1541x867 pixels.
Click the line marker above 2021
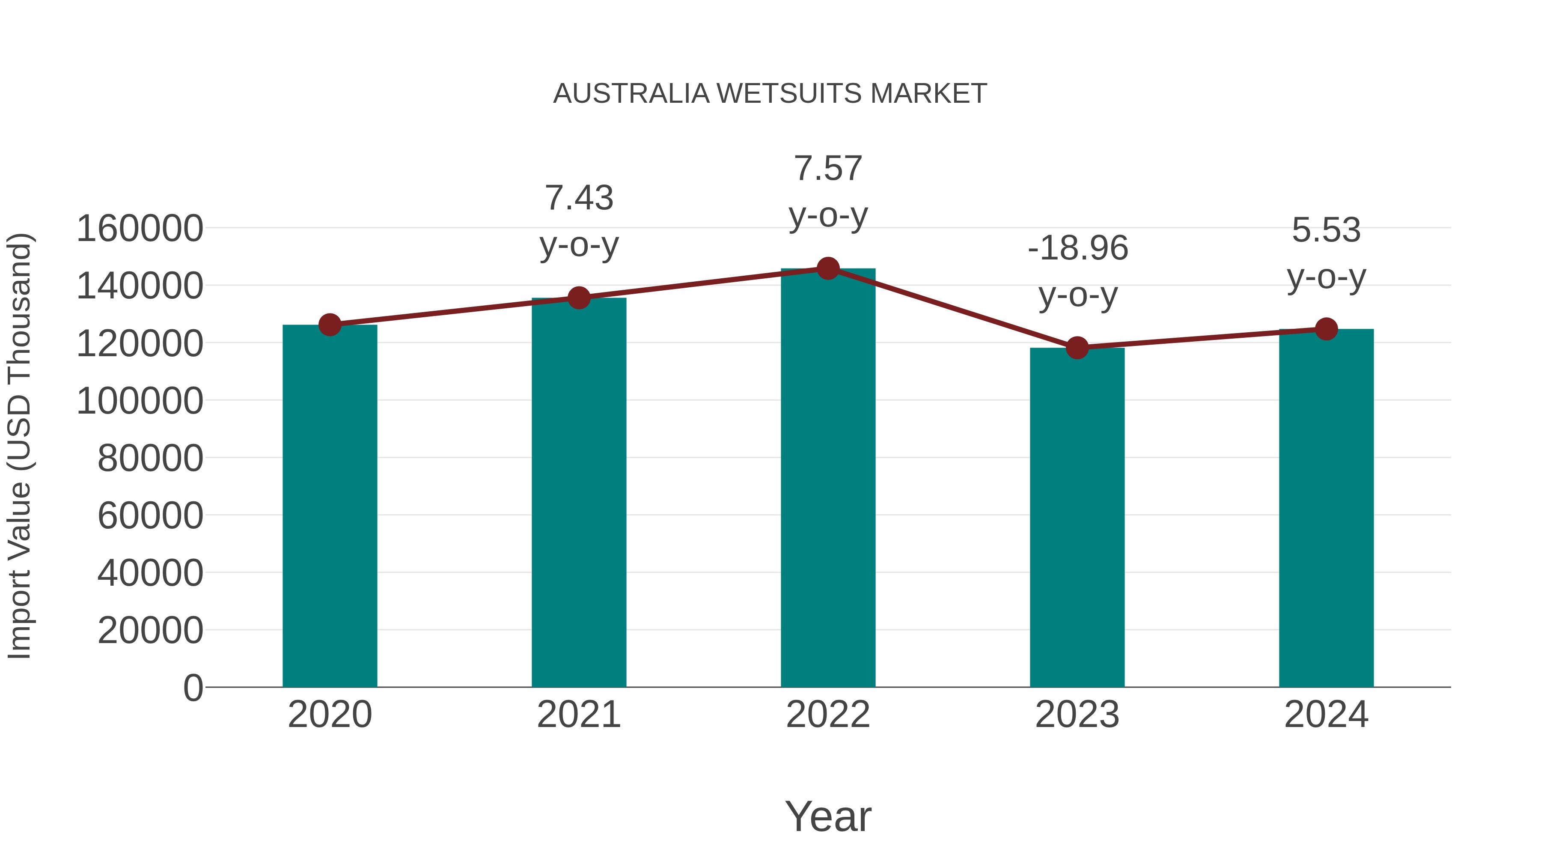coord(578,298)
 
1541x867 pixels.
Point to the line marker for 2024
coord(1326,328)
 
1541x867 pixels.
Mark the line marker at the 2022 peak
coord(828,268)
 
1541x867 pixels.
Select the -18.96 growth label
coord(1077,248)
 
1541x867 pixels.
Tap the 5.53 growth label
coord(1326,230)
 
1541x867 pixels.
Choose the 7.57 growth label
coord(828,168)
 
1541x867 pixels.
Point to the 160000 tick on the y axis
coord(140,229)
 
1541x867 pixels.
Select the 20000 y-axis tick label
coord(150,630)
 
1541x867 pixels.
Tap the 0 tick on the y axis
coord(193,688)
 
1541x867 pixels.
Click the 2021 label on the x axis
coord(578,715)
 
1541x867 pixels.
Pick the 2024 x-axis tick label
coord(1326,715)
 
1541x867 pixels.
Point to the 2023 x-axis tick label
coord(1077,715)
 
